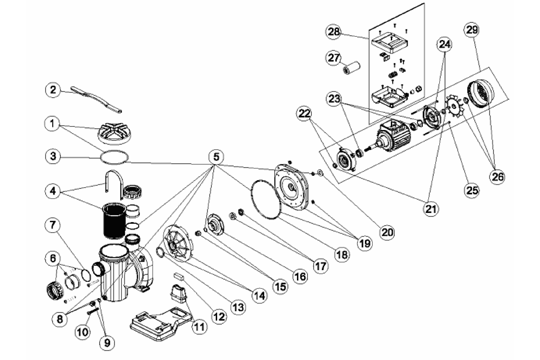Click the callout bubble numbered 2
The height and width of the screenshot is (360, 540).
point(53,90)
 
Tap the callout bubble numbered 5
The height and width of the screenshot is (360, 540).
point(216,157)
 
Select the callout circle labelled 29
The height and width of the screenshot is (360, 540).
point(471,30)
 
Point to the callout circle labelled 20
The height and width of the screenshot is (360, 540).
point(387,233)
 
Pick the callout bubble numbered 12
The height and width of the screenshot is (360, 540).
point(219,317)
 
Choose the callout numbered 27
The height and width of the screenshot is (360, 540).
point(334,58)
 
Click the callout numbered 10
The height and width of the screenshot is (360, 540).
point(83,332)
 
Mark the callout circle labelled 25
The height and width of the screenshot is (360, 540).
point(472,189)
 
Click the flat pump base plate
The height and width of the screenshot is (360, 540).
point(161,325)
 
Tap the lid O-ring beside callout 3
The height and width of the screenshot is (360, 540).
point(114,156)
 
